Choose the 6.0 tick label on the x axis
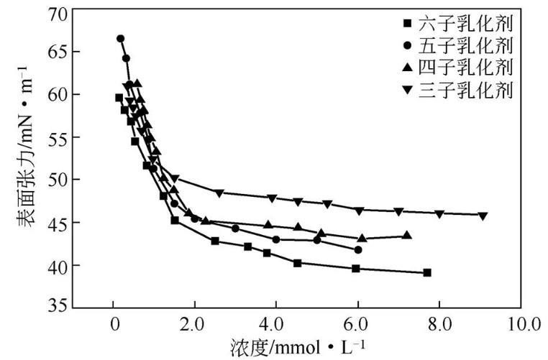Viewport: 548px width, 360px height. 357,323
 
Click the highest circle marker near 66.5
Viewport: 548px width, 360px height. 120,39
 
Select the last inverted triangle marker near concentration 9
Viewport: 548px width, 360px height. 483,216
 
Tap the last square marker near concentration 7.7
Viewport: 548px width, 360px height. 427,272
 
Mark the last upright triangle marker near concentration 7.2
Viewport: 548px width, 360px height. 407,235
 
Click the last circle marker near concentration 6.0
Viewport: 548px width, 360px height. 358,249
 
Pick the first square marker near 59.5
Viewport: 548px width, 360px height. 119,98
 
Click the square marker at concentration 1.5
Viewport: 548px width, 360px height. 175,220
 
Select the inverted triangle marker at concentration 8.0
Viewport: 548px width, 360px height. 439,213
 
